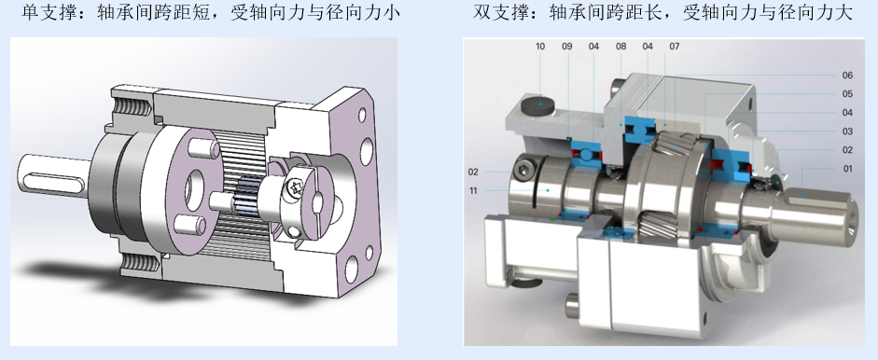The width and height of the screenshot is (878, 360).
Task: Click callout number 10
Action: pyautogui.click(x=540, y=47)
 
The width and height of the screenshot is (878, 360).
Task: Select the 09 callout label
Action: pyautogui.click(x=567, y=47)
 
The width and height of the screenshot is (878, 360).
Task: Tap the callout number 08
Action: pyautogui.click(x=621, y=47)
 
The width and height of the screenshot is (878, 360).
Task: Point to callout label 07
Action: pyautogui.click(x=675, y=47)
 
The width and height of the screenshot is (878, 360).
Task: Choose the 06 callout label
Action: pyautogui.click(x=847, y=76)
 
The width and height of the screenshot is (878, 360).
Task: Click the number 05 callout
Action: pyautogui.click(x=847, y=94)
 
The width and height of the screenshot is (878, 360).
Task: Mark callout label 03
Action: pyautogui.click(x=847, y=132)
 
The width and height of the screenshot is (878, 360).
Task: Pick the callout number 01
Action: pyautogui.click(x=847, y=169)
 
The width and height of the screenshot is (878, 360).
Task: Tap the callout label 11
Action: pyautogui.click(x=473, y=191)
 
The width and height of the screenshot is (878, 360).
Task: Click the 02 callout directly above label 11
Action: pyautogui.click(x=473, y=172)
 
